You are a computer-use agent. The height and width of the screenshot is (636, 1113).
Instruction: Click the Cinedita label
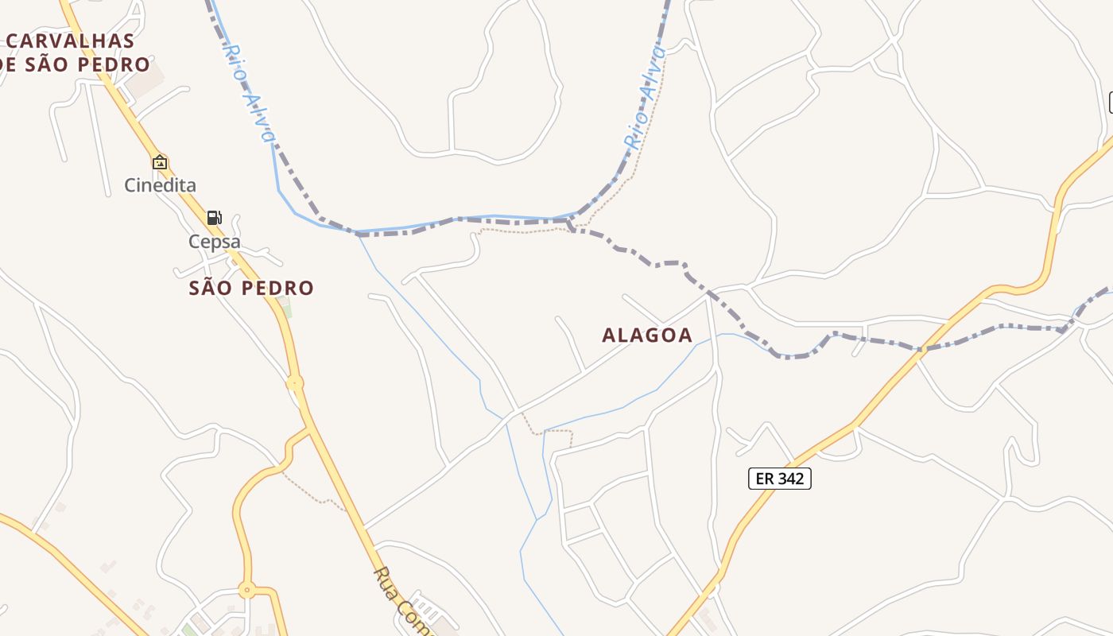click(160, 185)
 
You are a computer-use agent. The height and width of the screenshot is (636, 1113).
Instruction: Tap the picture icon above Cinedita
click(160, 162)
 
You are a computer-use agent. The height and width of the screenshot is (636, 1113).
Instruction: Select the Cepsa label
click(214, 242)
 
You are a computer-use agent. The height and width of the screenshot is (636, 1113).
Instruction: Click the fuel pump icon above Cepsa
click(214, 218)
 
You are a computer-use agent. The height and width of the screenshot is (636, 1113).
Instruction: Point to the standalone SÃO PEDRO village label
click(251, 288)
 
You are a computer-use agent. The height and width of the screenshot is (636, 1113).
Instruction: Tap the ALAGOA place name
click(647, 335)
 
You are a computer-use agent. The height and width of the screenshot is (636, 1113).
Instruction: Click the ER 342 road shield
click(779, 479)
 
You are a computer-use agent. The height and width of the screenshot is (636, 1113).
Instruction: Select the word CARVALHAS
click(71, 41)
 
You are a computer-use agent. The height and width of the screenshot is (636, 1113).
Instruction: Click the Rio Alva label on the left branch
click(248, 94)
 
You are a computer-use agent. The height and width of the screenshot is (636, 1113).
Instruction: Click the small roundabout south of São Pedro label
click(295, 383)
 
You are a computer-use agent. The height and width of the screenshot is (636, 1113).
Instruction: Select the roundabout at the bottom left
click(246, 590)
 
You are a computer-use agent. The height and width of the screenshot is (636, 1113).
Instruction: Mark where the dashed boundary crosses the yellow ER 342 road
click(921, 349)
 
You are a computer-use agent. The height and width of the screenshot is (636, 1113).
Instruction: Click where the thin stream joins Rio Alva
click(357, 233)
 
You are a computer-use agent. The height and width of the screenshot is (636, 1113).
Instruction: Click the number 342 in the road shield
click(789, 479)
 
